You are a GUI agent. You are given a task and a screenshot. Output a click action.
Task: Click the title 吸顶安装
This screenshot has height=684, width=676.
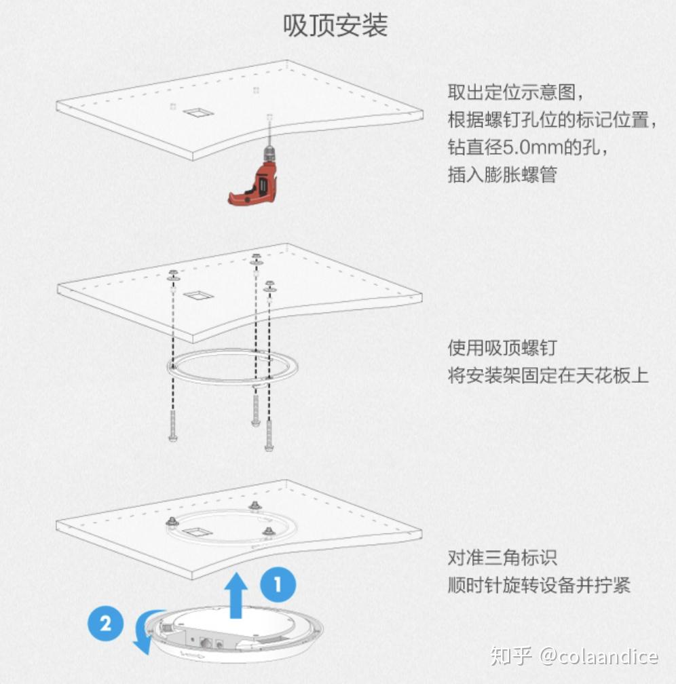tap(335, 25)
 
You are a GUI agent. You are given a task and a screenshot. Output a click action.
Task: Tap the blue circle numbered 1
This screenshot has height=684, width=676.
tap(278, 584)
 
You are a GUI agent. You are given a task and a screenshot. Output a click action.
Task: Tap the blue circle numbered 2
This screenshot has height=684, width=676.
tap(106, 623)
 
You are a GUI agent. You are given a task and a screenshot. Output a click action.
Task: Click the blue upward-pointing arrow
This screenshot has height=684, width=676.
tap(236, 596)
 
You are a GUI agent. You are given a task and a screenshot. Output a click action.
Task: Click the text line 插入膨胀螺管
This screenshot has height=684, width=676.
tap(502, 175)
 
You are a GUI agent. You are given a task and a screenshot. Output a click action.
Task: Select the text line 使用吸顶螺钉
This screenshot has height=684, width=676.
tap(502, 347)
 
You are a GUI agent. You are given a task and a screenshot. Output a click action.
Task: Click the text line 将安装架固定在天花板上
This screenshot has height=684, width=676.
tap(548, 376)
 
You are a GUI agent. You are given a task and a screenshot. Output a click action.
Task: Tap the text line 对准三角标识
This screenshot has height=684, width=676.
tap(502, 558)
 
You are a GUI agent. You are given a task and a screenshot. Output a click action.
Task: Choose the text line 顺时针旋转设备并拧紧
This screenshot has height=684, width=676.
tap(539, 585)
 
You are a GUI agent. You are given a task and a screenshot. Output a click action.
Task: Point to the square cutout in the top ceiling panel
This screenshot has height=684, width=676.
tap(198, 113)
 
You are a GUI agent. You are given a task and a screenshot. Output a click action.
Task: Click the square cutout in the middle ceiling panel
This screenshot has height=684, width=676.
tap(198, 296)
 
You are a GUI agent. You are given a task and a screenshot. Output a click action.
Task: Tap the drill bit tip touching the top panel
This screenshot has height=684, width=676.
tap(269, 117)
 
